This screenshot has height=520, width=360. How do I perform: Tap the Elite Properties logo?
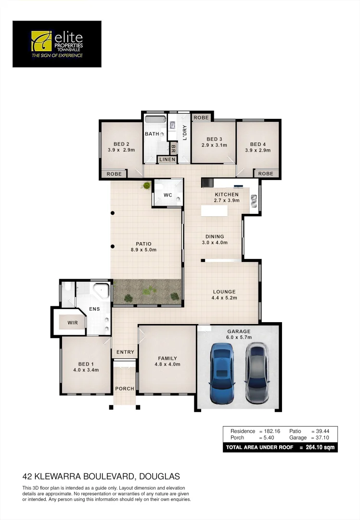pyautogui.click(x=57, y=44)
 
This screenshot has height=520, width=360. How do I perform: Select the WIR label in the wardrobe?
pyautogui.click(x=73, y=322)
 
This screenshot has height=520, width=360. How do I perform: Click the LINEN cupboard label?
pyautogui.click(x=167, y=159)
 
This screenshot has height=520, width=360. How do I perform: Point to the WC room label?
pyautogui.click(x=168, y=195)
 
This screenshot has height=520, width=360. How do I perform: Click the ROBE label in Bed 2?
pyautogui.click(x=114, y=174)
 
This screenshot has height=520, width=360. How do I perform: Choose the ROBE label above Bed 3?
pyautogui.click(x=201, y=117)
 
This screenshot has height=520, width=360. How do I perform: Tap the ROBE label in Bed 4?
pyautogui.click(x=266, y=174)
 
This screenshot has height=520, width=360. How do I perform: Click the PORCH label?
pyautogui.click(x=125, y=389)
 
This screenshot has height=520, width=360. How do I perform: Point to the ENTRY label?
pyautogui.click(x=125, y=352)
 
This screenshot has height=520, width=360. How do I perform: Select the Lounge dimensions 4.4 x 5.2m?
pyautogui.click(x=225, y=298)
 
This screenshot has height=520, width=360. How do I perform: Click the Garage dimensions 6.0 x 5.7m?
pyautogui.click(x=239, y=338)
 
